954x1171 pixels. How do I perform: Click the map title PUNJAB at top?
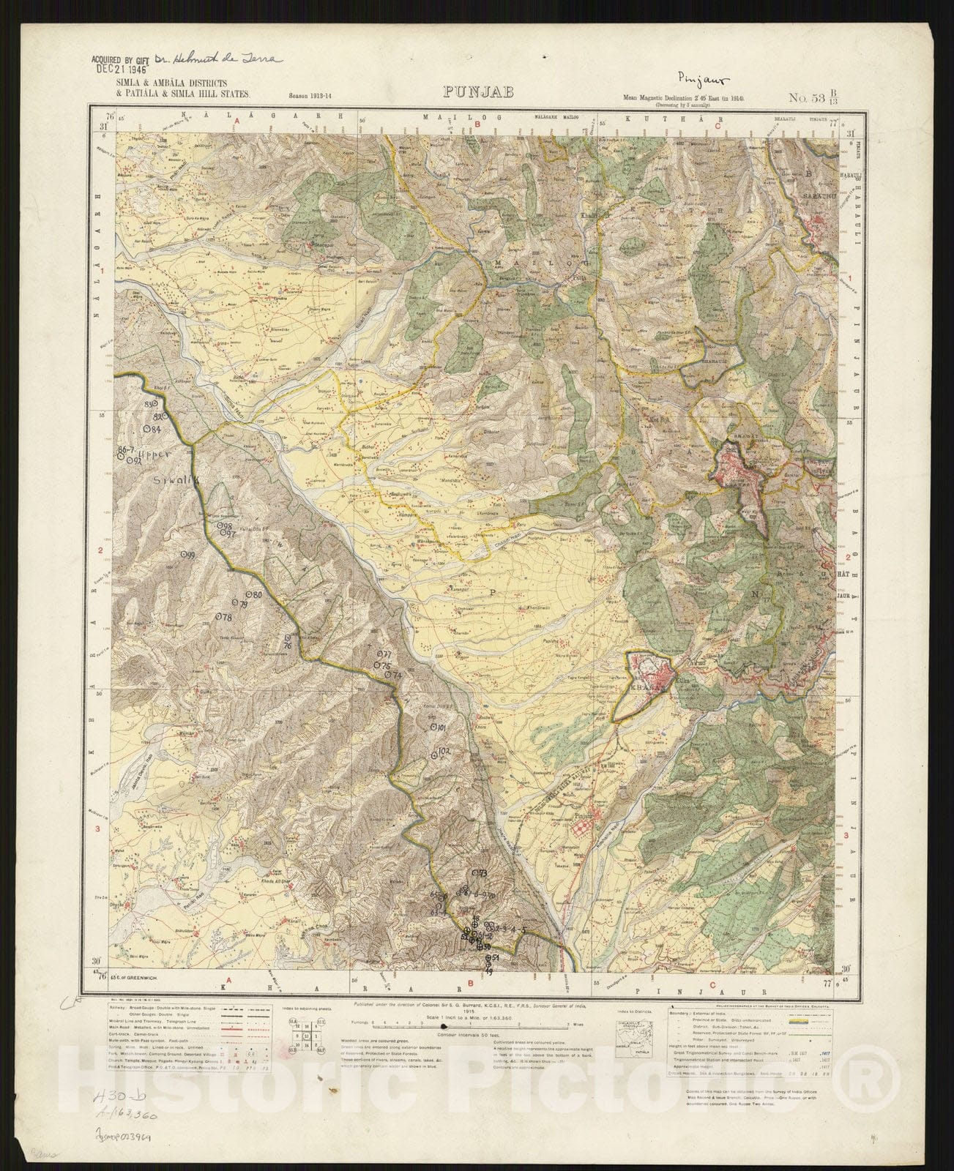tap(477, 92)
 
